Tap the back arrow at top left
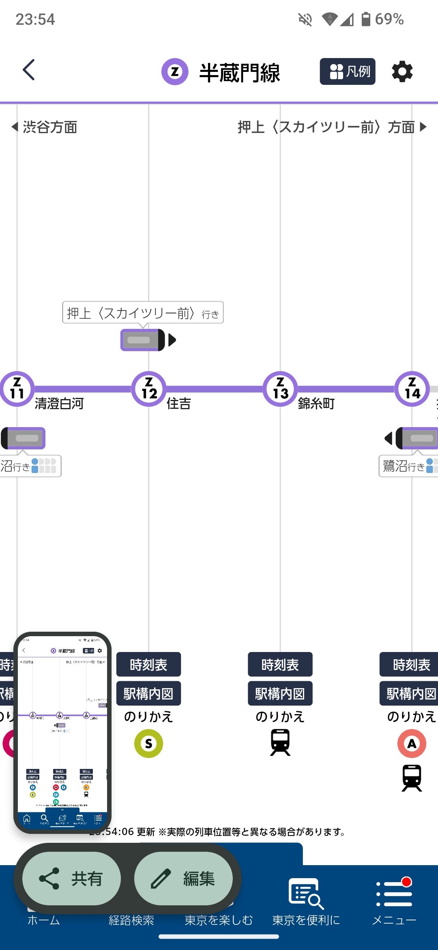tap(28, 70)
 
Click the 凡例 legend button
tap(348, 71)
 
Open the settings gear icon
tap(402, 71)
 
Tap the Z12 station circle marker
tap(149, 389)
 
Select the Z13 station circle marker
tap(280, 389)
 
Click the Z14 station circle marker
tap(412, 389)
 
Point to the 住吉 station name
tap(178, 404)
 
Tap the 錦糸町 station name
tap(316, 404)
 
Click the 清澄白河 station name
tap(59, 404)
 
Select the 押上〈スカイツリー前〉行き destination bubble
tap(143, 313)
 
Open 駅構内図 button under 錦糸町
tap(280, 693)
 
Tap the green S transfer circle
tap(148, 743)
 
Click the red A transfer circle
tap(412, 743)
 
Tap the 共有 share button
tap(72, 879)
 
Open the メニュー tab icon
tap(394, 894)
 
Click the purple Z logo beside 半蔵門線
tap(175, 72)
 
